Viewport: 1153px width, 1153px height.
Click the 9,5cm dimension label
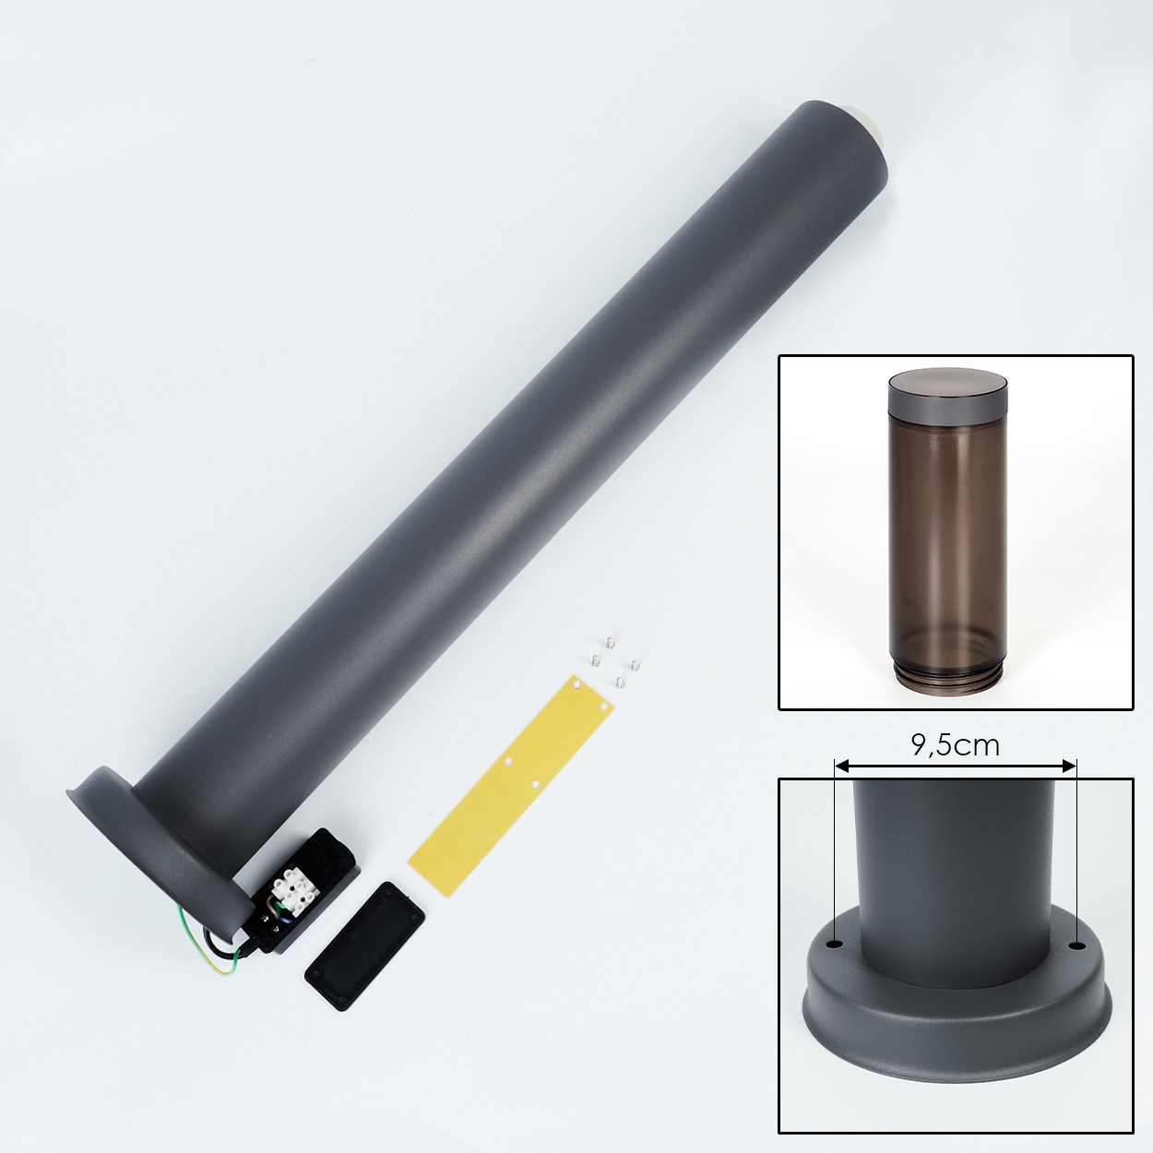[955, 745]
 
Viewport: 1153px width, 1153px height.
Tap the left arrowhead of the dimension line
[842, 766]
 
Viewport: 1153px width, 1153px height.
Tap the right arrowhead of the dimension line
[1069, 766]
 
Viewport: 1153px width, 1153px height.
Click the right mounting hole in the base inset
[1077, 946]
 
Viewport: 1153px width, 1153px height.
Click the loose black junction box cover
[364, 946]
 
